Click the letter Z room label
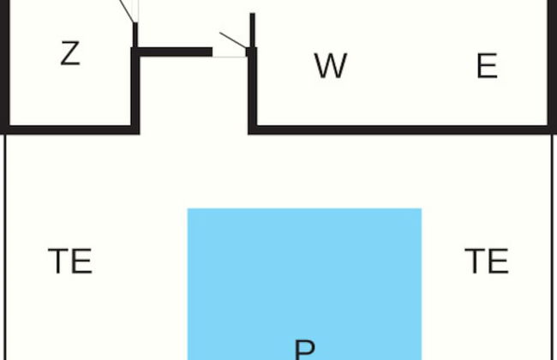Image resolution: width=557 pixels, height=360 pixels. click(x=70, y=54)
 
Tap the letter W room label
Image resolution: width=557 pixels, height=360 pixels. click(x=330, y=66)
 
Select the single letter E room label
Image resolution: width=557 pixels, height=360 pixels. click(x=487, y=66)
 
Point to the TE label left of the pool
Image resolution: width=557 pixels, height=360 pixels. click(x=70, y=261)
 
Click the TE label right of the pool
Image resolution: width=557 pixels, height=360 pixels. click(x=487, y=261)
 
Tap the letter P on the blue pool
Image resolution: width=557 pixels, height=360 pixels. click(x=304, y=350)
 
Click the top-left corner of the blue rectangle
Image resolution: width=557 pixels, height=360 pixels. click(x=189, y=209)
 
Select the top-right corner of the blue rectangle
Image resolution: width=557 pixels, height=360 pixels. click(x=421, y=209)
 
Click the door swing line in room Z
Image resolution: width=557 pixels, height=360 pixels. click(x=126, y=10)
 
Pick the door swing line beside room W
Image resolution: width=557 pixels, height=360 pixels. click(x=232, y=39)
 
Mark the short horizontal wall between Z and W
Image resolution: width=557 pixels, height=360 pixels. click(x=175, y=51)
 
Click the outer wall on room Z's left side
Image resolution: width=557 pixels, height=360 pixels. click(x=3, y=64)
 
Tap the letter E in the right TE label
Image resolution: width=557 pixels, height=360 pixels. click(x=499, y=261)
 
